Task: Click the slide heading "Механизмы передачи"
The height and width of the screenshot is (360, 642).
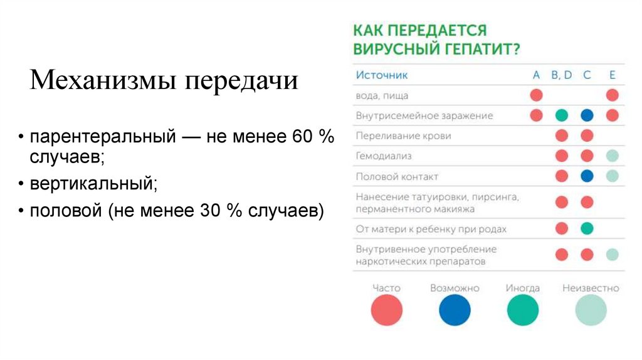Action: point(164,82)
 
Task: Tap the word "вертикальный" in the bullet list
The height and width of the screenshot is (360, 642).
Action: point(92,184)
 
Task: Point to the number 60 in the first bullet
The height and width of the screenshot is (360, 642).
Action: point(297,137)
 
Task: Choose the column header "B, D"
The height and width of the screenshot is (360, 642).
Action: point(562,75)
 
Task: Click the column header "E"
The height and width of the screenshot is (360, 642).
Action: point(613,75)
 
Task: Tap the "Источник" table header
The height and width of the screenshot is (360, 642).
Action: point(382,75)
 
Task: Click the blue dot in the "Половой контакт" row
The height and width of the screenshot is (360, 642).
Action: point(587,176)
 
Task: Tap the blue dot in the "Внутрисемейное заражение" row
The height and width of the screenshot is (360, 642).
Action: point(587,115)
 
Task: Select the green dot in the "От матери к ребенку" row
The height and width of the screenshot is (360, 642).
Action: point(587,228)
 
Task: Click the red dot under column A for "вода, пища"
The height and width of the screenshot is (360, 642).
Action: point(536,95)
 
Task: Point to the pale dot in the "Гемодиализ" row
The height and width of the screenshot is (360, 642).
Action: point(613,156)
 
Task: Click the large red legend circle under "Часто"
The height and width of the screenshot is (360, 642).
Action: point(386,310)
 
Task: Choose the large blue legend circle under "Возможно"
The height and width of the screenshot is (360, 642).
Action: point(455,310)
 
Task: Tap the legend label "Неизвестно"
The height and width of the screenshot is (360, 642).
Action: point(591,289)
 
